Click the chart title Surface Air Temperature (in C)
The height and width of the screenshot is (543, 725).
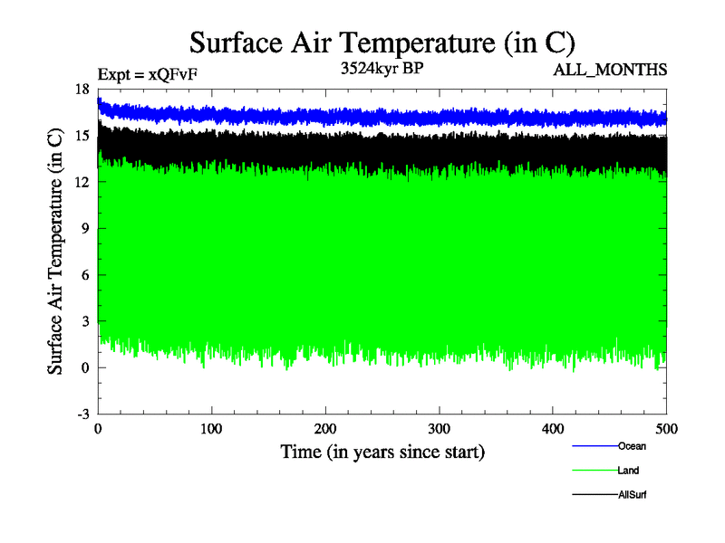pyautogui.click(x=382, y=43)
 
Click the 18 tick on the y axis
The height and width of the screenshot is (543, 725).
pyautogui.click(x=82, y=89)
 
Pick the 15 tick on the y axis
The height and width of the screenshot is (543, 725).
pyautogui.click(x=82, y=136)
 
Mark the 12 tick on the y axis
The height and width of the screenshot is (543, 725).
pyautogui.click(x=82, y=182)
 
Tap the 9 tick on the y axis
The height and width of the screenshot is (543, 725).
pyautogui.click(x=85, y=228)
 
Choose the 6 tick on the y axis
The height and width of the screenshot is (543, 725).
pyautogui.click(x=85, y=275)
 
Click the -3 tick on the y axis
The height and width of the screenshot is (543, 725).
pyautogui.click(x=82, y=414)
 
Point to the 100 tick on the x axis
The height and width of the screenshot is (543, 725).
pyautogui.click(x=211, y=428)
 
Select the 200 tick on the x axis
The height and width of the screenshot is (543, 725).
pyautogui.click(x=325, y=428)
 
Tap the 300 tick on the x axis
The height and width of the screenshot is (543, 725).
pyautogui.click(x=440, y=428)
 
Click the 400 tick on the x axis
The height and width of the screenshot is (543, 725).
pyautogui.click(x=553, y=428)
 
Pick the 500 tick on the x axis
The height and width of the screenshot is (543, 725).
pyautogui.click(x=666, y=428)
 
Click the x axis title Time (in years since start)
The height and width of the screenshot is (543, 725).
pyautogui.click(x=382, y=451)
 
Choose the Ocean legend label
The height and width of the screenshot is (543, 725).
pyautogui.click(x=632, y=446)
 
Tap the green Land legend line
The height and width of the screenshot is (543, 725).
pyautogui.click(x=594, y=471)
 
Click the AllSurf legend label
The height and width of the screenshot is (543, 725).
pyautogui.click(x=633, y=495)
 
